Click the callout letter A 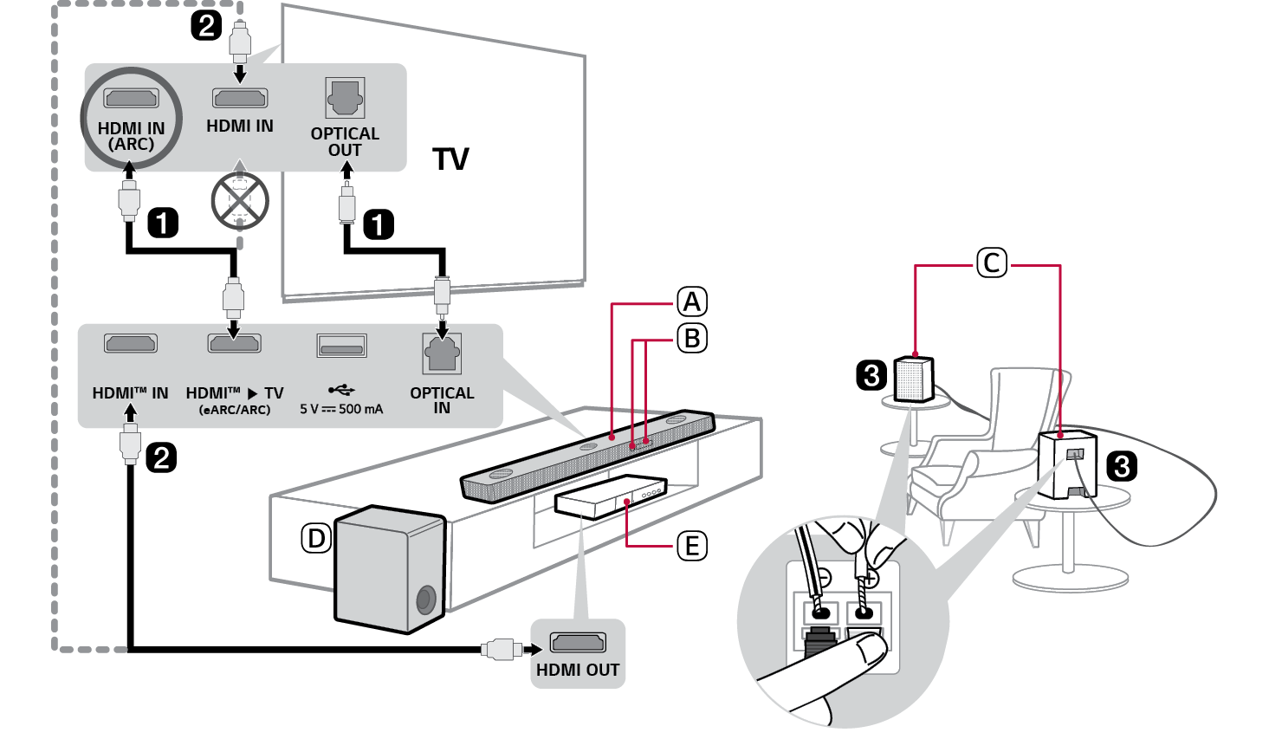(691, 301)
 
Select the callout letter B (691, 338)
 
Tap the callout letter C (992, 263)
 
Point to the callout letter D (316, 539)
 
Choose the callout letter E (691, 546)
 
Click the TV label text (450, 159)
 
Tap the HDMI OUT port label (578, 670)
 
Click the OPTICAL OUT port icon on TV (345, 97)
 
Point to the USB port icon (341, 346)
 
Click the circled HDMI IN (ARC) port (131, 98)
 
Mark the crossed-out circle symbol (240, 200)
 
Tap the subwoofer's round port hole (425, 599)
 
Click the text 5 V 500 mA (341, 409)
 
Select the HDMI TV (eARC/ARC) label (235, 399)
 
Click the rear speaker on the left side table (913, 379)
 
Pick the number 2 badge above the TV (206, 24)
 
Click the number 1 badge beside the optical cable (378, 224)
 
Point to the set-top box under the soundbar (611, 496)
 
